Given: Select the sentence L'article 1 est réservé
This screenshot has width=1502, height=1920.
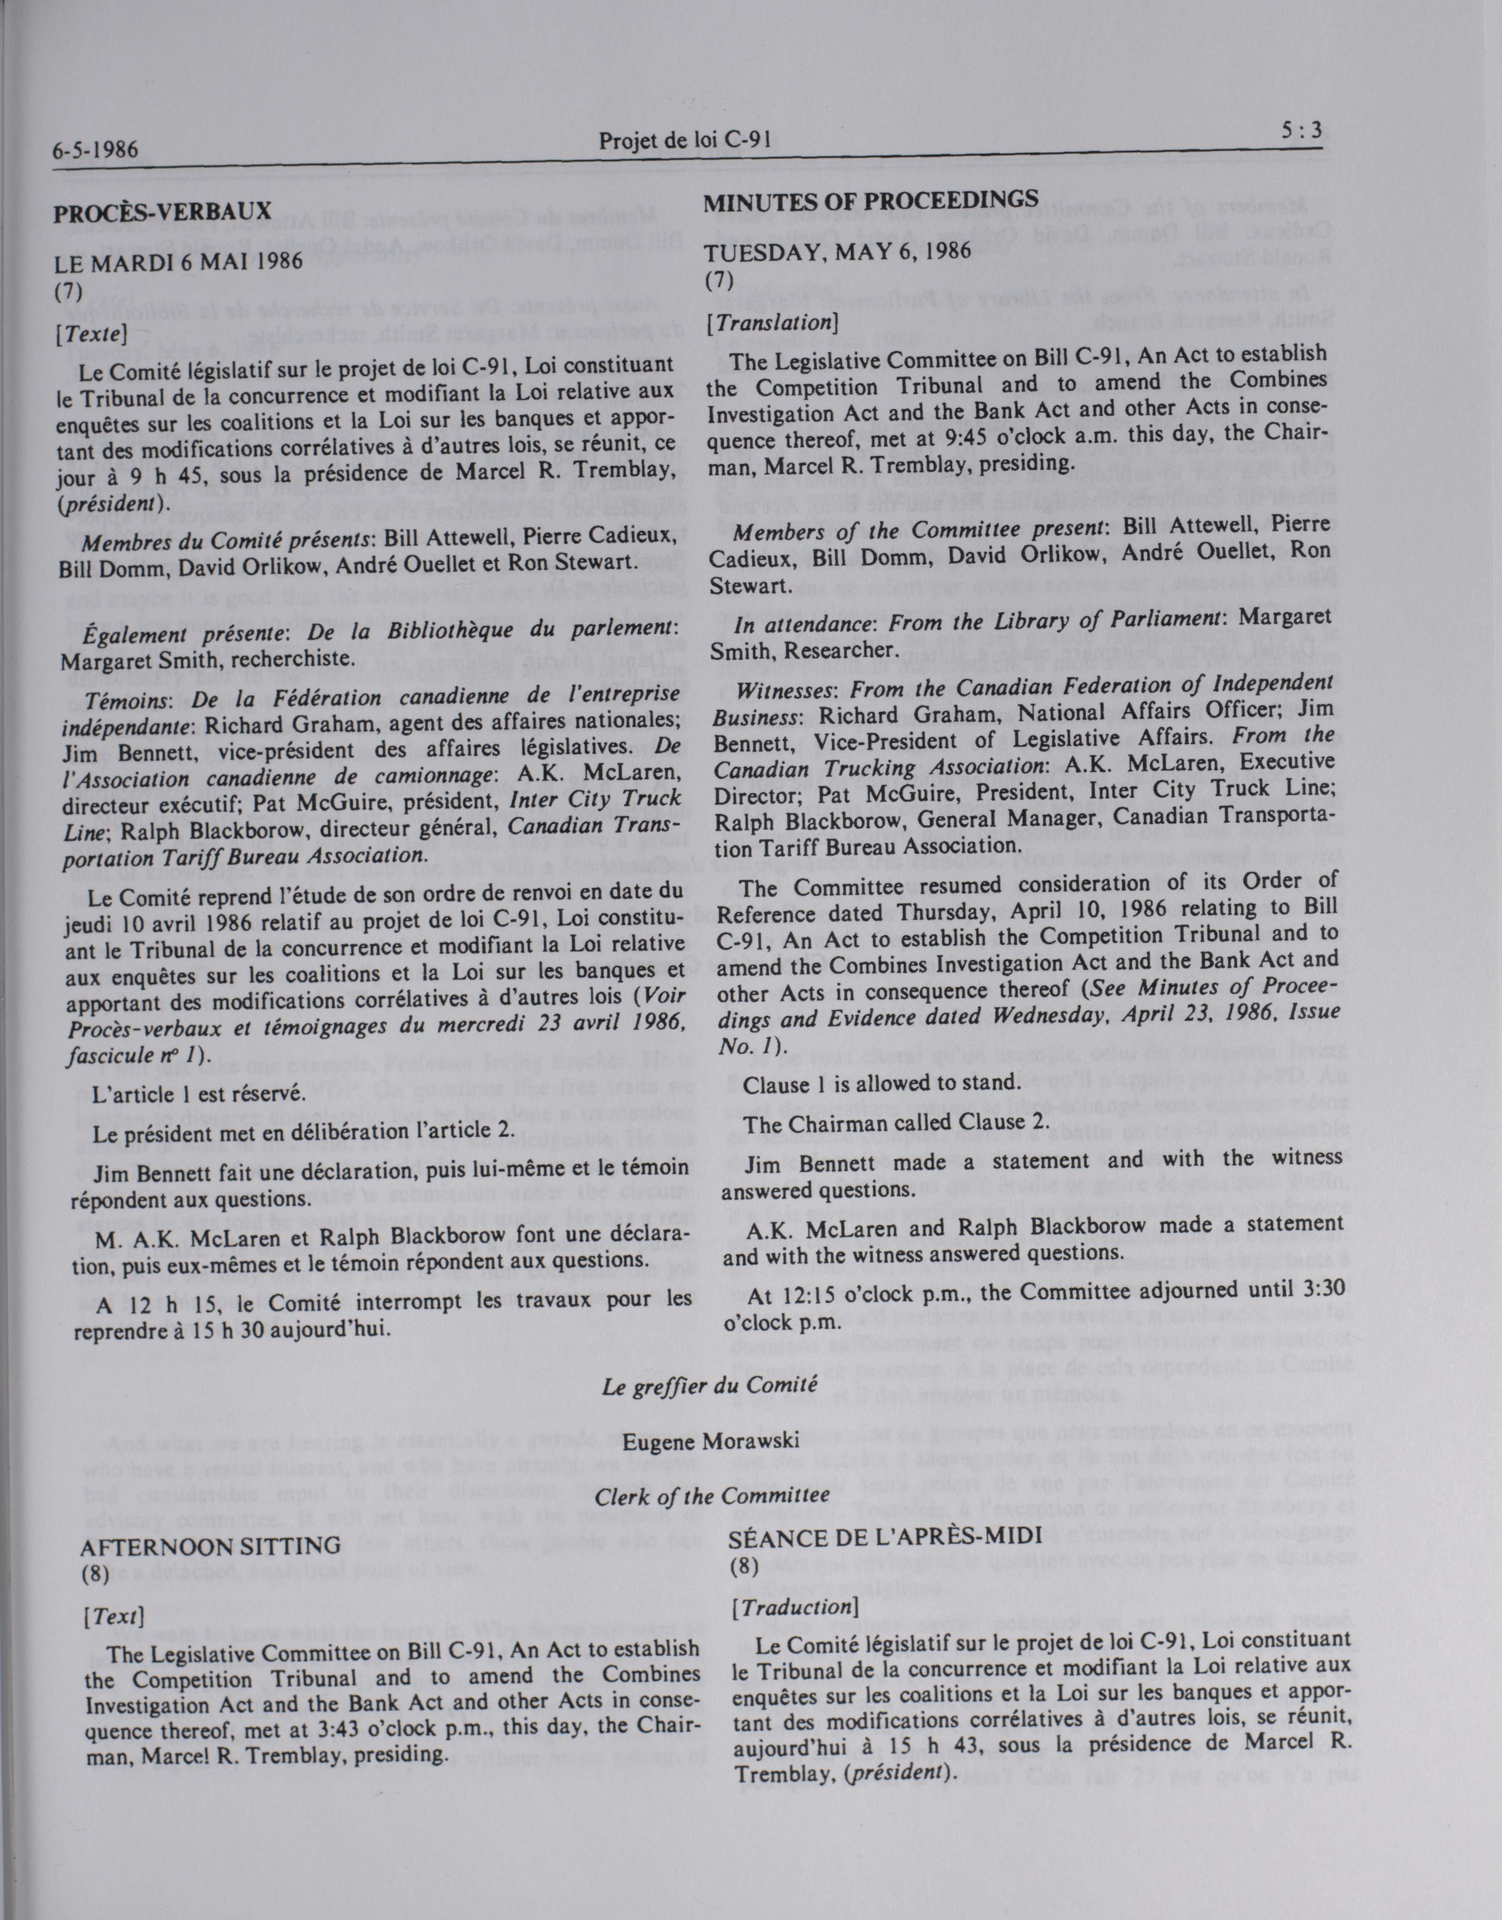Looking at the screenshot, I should coord(199,1094).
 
